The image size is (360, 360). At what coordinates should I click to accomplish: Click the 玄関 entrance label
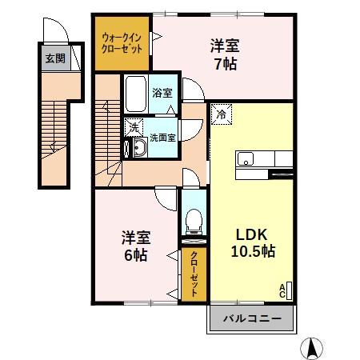pyautogui.click(x=54, y=58)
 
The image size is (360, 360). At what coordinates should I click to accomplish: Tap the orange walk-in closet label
pyautogui.click(x=122, y=43)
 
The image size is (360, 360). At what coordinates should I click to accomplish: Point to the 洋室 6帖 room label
pyautogui.click(x=134, y=246)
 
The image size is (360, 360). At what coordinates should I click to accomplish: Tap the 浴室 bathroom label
pyautogui.click(x=162, y=93)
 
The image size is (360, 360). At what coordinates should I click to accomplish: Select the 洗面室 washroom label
pyautogui.click(x=163, y=137)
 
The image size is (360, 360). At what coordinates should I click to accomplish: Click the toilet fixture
pyautogui.click(x=191, y=218)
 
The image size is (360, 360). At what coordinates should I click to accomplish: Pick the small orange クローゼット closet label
pyautogui.click(x=194, y=275)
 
